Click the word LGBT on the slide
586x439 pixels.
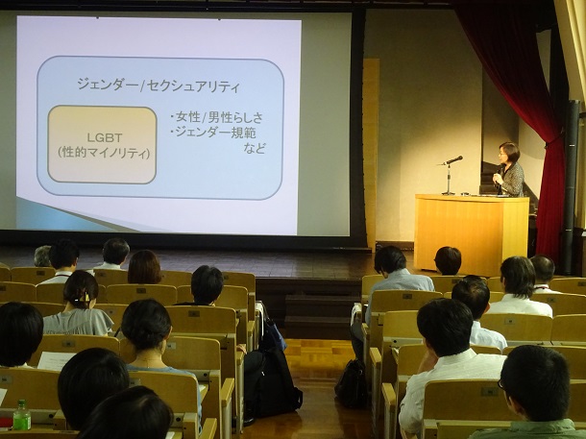105,138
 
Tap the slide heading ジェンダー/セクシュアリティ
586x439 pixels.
159,85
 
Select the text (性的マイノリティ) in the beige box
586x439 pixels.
104,153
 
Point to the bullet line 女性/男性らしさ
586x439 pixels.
216,118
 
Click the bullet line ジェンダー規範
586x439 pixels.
213,133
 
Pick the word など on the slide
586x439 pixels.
255,149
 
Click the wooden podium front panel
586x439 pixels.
471,235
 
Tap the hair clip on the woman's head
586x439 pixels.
82,298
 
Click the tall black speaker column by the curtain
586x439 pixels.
572,186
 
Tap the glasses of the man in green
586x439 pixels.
501,383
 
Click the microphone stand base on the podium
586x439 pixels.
448,193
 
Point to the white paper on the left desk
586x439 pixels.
56,360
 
